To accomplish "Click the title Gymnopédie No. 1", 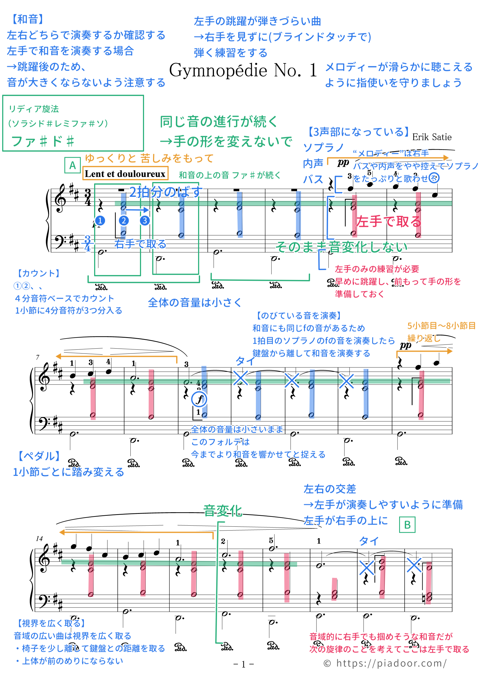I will [243, 71].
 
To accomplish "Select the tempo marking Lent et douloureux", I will [125, 174].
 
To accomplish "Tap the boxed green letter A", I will [72, 165].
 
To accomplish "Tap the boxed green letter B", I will [407, 525].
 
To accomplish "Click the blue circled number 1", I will [100, 221].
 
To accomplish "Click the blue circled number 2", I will [124, 221].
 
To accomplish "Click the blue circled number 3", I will [145, 221].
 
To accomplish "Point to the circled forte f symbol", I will [199, 399].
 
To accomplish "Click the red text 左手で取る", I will [389, 221].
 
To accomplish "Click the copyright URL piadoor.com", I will [385, 663].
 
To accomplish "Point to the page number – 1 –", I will [243, 664].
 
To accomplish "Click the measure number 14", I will [39, 539].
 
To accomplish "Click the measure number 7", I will [38, 357].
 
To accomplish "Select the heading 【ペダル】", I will [39, 456].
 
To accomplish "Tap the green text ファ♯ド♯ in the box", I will [43, 141].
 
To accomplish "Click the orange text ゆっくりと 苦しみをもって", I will [149, 158].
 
